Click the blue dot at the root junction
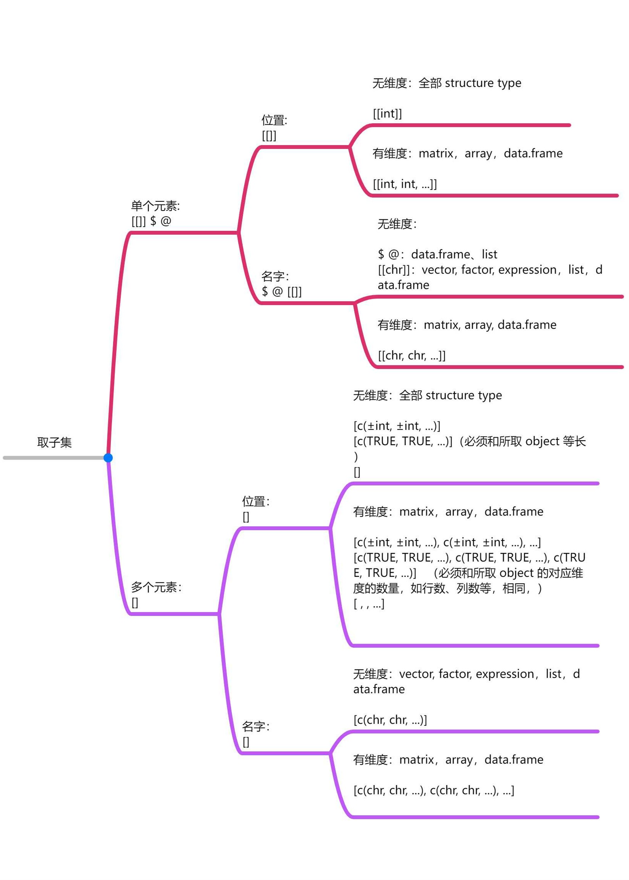coord(108,458)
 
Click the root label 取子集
coord(55,442)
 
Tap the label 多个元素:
coord(156,587)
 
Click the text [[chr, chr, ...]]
coord(412,355)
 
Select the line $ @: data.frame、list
coord(437,254)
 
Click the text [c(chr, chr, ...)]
coord(390,720)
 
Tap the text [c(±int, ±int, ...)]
coord(397,426)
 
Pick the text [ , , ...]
coord(369,604)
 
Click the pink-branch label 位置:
coord(274,120)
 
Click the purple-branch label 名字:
coord(256,726)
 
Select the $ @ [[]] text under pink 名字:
coord(282,292)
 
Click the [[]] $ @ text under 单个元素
coord(151,221)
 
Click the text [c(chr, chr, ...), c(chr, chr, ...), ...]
coord(434,790)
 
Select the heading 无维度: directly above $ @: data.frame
coord(397,224)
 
